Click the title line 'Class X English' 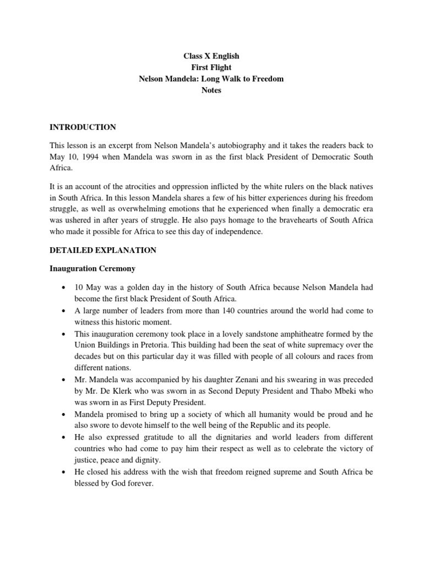click(x=211, y=56)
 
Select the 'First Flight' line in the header click(x=211, y=67)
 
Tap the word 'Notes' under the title click(x=211, y=90)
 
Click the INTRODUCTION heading click(x=83, y=127)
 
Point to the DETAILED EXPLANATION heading click(x=103, y=250)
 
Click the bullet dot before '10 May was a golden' click(x=66, y=288)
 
